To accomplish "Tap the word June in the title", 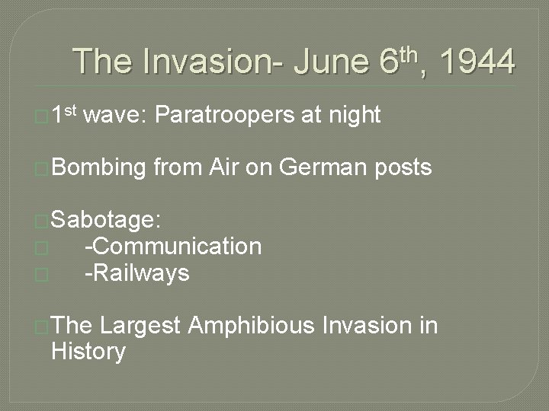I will click(x=333, y=62).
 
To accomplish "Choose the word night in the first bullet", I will click(x=354, y=115).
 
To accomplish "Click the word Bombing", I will click(x=98, y=167).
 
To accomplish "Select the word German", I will click(x=325, y=167).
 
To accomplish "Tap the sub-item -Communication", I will click(x=173, y=247).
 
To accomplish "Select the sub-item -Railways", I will click(x=136, y=272).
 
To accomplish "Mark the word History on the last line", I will click(x=88, y=352).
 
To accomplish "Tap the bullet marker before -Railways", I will click(x=42, y=274).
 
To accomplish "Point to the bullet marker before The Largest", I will click(x=42, y=327).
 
